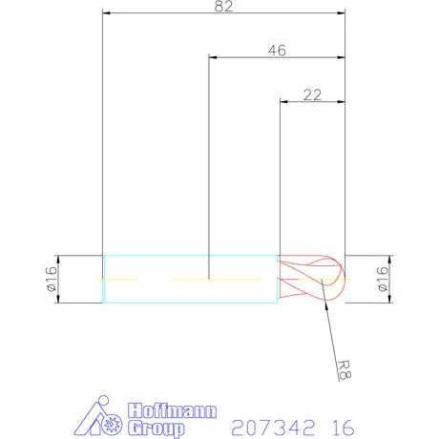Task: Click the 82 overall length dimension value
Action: [224, 7]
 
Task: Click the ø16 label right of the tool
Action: [383, 279]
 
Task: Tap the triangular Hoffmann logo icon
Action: [101, 419]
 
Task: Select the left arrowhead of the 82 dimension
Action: [107, 14]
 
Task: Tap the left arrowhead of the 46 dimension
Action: [213, 57]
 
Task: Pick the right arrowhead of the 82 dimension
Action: [341, 14]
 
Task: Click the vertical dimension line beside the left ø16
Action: [60, 279]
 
